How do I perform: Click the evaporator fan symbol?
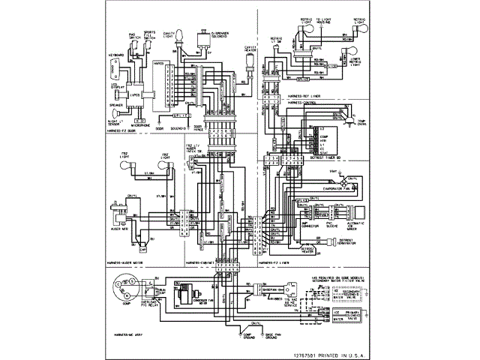coord(346,182)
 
